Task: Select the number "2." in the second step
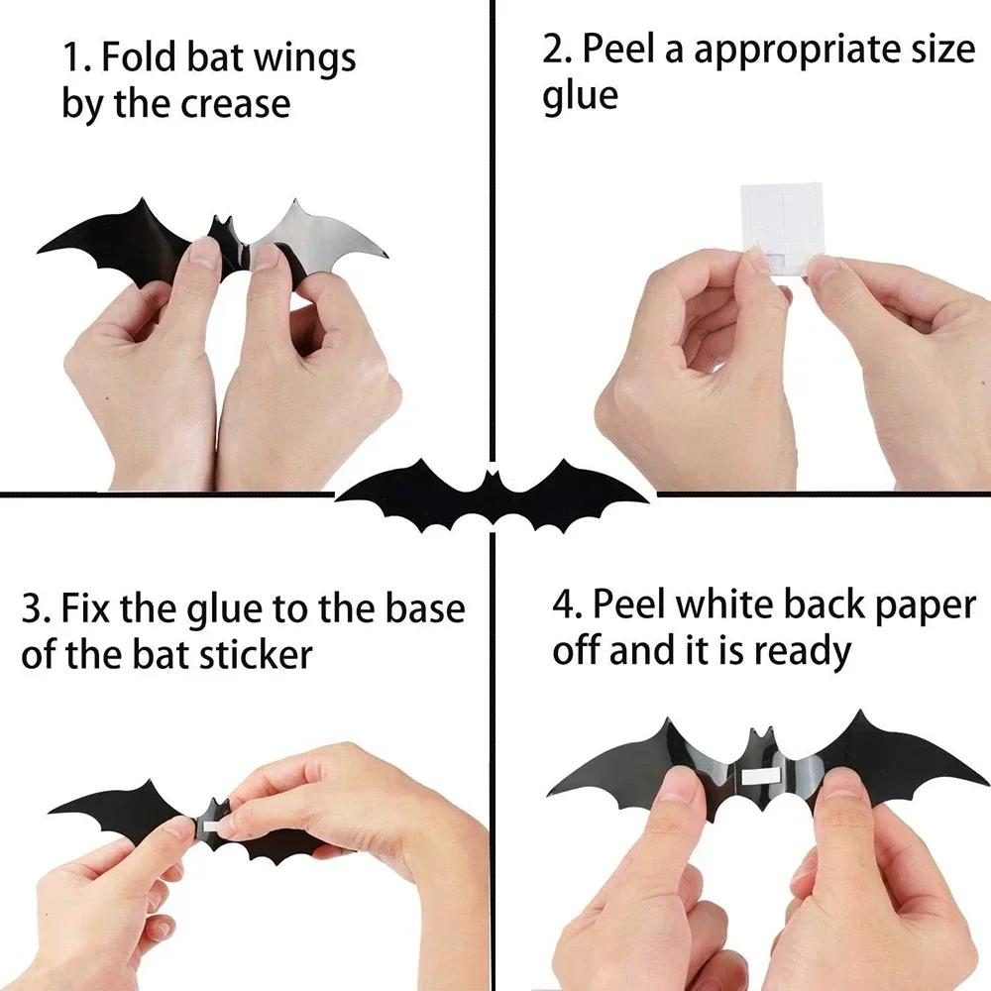(x=561, y=51)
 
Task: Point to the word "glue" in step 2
(x=580, y=96)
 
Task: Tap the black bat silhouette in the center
(x=493, y=493)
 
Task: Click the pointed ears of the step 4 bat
(x=760, y=734)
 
